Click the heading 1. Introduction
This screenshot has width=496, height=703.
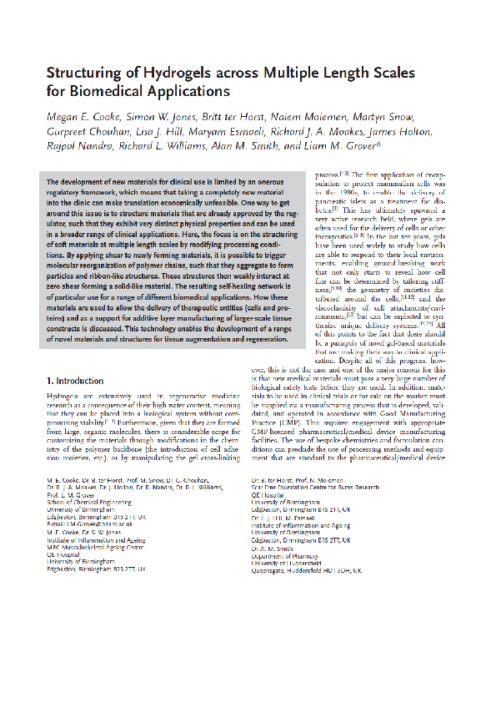coord(75,381)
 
